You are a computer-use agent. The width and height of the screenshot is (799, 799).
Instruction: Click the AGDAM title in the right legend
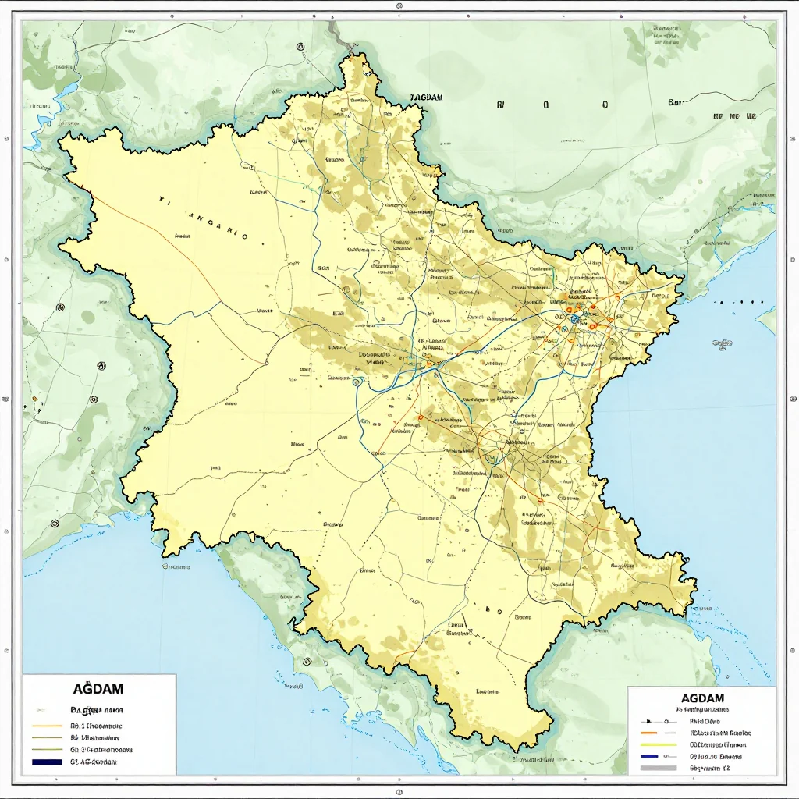[x=702, y=698]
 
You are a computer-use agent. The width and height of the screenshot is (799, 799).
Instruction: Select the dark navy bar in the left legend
[x=47, y=762]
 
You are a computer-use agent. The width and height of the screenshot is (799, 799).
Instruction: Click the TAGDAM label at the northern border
[x=426, y=98]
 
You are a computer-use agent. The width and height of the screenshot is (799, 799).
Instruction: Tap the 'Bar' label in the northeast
[x=675, y=102]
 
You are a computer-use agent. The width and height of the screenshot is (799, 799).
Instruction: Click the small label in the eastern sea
[x=722, y=343]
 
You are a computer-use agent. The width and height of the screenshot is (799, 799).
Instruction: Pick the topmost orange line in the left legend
[x=47, y=725]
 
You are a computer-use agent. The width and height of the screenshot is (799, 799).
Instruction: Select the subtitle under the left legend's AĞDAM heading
[x=98, y=710]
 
